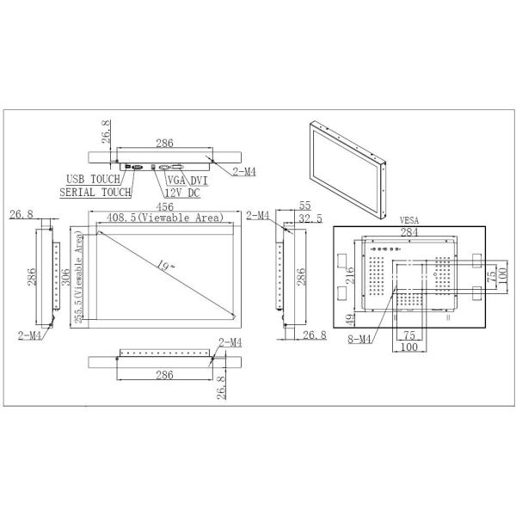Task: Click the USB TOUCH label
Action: click(x=94, y=180)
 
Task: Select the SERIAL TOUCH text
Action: click(x=95, y=192)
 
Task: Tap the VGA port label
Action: click(x=176, y=181)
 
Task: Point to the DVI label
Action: click(x=200, y=181)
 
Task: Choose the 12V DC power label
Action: click(x=182, y=193)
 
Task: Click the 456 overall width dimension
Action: click(x=164, y=206)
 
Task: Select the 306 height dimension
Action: click(x=66, y=277)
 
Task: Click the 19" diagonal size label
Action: click(x=165, y=265)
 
